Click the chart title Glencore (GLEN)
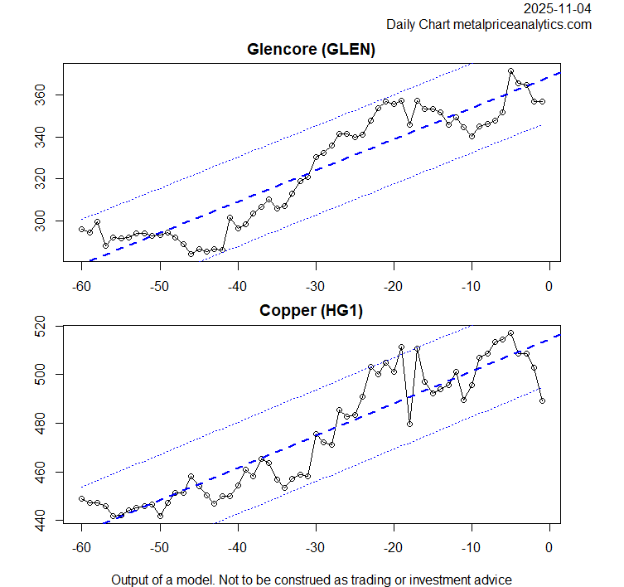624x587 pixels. pyautogui.click(x=312, y=50)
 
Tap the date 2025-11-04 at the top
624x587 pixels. pyautogui.click(x=558, y=8)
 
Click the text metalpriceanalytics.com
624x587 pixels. pyautogui.click(x=522, y=25)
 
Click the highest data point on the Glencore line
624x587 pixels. pyautogui.click(x=510, y=71)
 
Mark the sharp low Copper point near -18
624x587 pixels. pyautogui.click(x=409, y=424)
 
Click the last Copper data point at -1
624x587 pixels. pyautogui.click(x=542, y=400)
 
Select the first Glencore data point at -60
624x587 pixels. pyautogui.click(x=82, y=229)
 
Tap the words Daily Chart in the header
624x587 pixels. pyautogui.click(x=418, y=25)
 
